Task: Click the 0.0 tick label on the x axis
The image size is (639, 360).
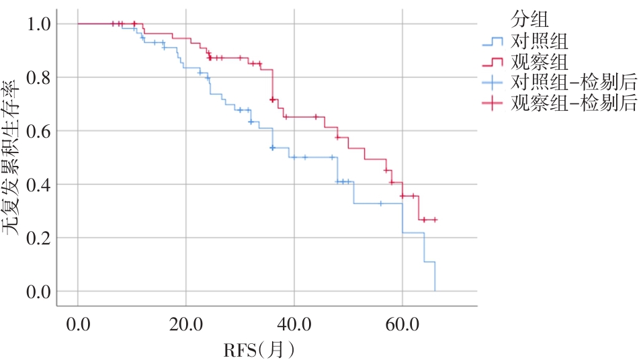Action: [x=78, y=326]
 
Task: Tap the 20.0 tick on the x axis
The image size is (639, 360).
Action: [x=185, y=326]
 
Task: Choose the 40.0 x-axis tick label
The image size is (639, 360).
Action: [x=294, y=326]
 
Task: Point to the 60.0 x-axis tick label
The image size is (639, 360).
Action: [x=402, y=326]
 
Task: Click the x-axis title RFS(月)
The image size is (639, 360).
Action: [x=259, y=349]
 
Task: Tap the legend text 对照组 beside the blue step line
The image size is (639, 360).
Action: [x=540, y=42]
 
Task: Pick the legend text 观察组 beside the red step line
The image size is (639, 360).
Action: [x=540, y=62]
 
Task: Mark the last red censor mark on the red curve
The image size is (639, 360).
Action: [x=435, y=220]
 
